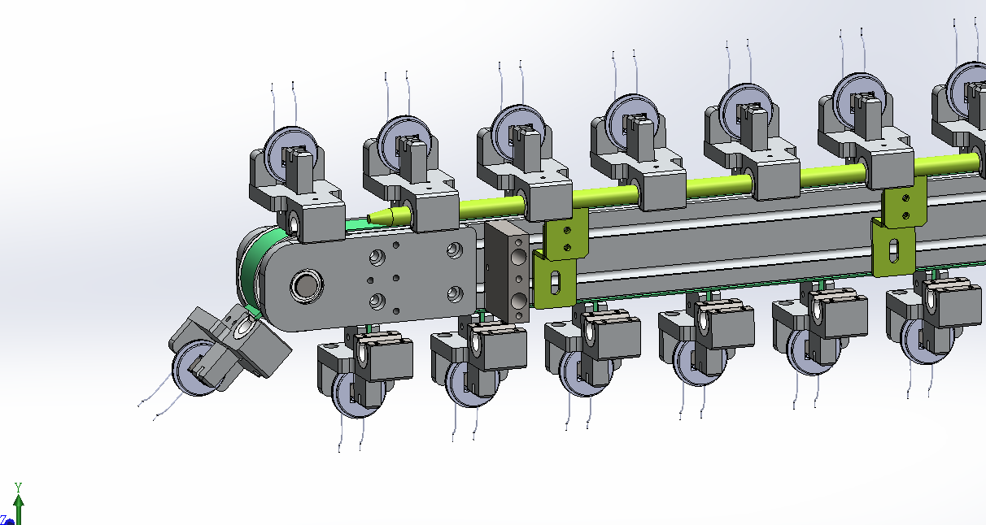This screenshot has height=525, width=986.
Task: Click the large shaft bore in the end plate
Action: pos(307,286)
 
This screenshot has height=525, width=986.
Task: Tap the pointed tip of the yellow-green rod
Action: pos(369,218)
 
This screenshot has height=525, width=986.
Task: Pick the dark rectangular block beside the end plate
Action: pos(507,271)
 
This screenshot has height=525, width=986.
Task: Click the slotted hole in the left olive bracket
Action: pos(555,282)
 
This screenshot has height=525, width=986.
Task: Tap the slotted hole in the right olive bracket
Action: pos(894,250)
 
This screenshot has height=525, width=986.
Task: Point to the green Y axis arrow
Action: pos(19,510)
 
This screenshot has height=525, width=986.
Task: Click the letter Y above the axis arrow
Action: pos(18,487)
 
